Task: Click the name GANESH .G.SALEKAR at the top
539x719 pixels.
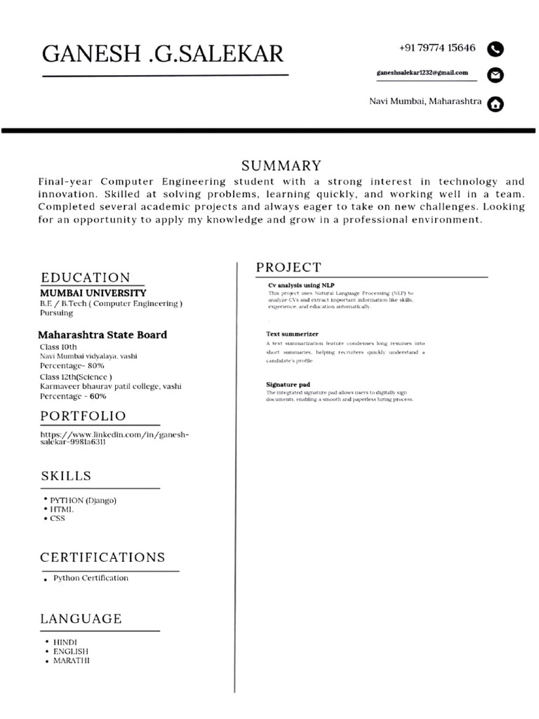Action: [x=164, y=53]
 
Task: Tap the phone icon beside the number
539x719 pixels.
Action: [x=495, y=49]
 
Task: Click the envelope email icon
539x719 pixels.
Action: [x=495, y=74]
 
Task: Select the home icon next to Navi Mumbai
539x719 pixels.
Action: [x=495, y=104]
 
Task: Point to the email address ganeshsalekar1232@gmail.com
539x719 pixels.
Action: [x=422, y=73]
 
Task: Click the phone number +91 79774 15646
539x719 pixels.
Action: [x=437, y=48]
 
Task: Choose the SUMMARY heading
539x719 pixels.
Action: [x=281, y=166]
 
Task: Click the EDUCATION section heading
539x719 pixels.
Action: [x=86, y=277]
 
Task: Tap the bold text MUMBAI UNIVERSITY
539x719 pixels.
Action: [x=93, y=293]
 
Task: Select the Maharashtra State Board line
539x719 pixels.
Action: [x=102, y=335]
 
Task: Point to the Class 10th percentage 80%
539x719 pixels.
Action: [x=72, y=366]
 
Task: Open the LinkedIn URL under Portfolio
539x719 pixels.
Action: [x=114, y=439]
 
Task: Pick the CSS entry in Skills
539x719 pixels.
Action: [x=57, y=518]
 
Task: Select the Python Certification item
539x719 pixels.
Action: [x=91, y=579]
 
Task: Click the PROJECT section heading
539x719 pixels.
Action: [x=288, y=268]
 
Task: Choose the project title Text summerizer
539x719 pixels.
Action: [x=292, y=334]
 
